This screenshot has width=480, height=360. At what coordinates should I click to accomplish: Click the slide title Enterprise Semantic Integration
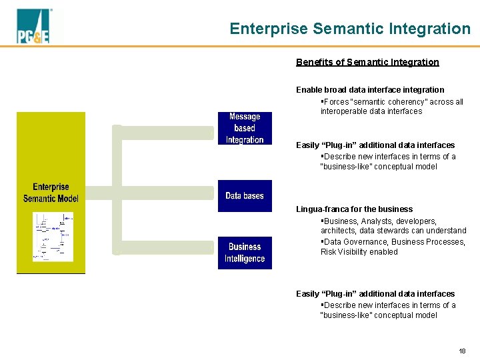(349, 29)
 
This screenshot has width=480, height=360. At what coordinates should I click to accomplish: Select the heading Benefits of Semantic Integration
(367, 62)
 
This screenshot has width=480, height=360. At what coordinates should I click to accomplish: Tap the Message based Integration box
(245, 128)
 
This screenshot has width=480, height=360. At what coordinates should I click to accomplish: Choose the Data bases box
(245, 196)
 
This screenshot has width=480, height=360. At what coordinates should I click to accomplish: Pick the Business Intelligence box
(245, 253)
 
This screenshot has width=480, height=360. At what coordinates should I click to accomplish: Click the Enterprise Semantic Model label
(51, 193)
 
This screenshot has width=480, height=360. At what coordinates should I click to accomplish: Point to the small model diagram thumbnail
(53, 237)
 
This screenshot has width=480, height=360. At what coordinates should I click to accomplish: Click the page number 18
(462, 351)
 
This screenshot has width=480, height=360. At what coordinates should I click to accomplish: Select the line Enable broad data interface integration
(370, 89)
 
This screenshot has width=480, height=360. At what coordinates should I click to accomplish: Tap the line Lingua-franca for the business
(354, 209)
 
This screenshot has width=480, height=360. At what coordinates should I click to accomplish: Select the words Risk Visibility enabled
(359, 252)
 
